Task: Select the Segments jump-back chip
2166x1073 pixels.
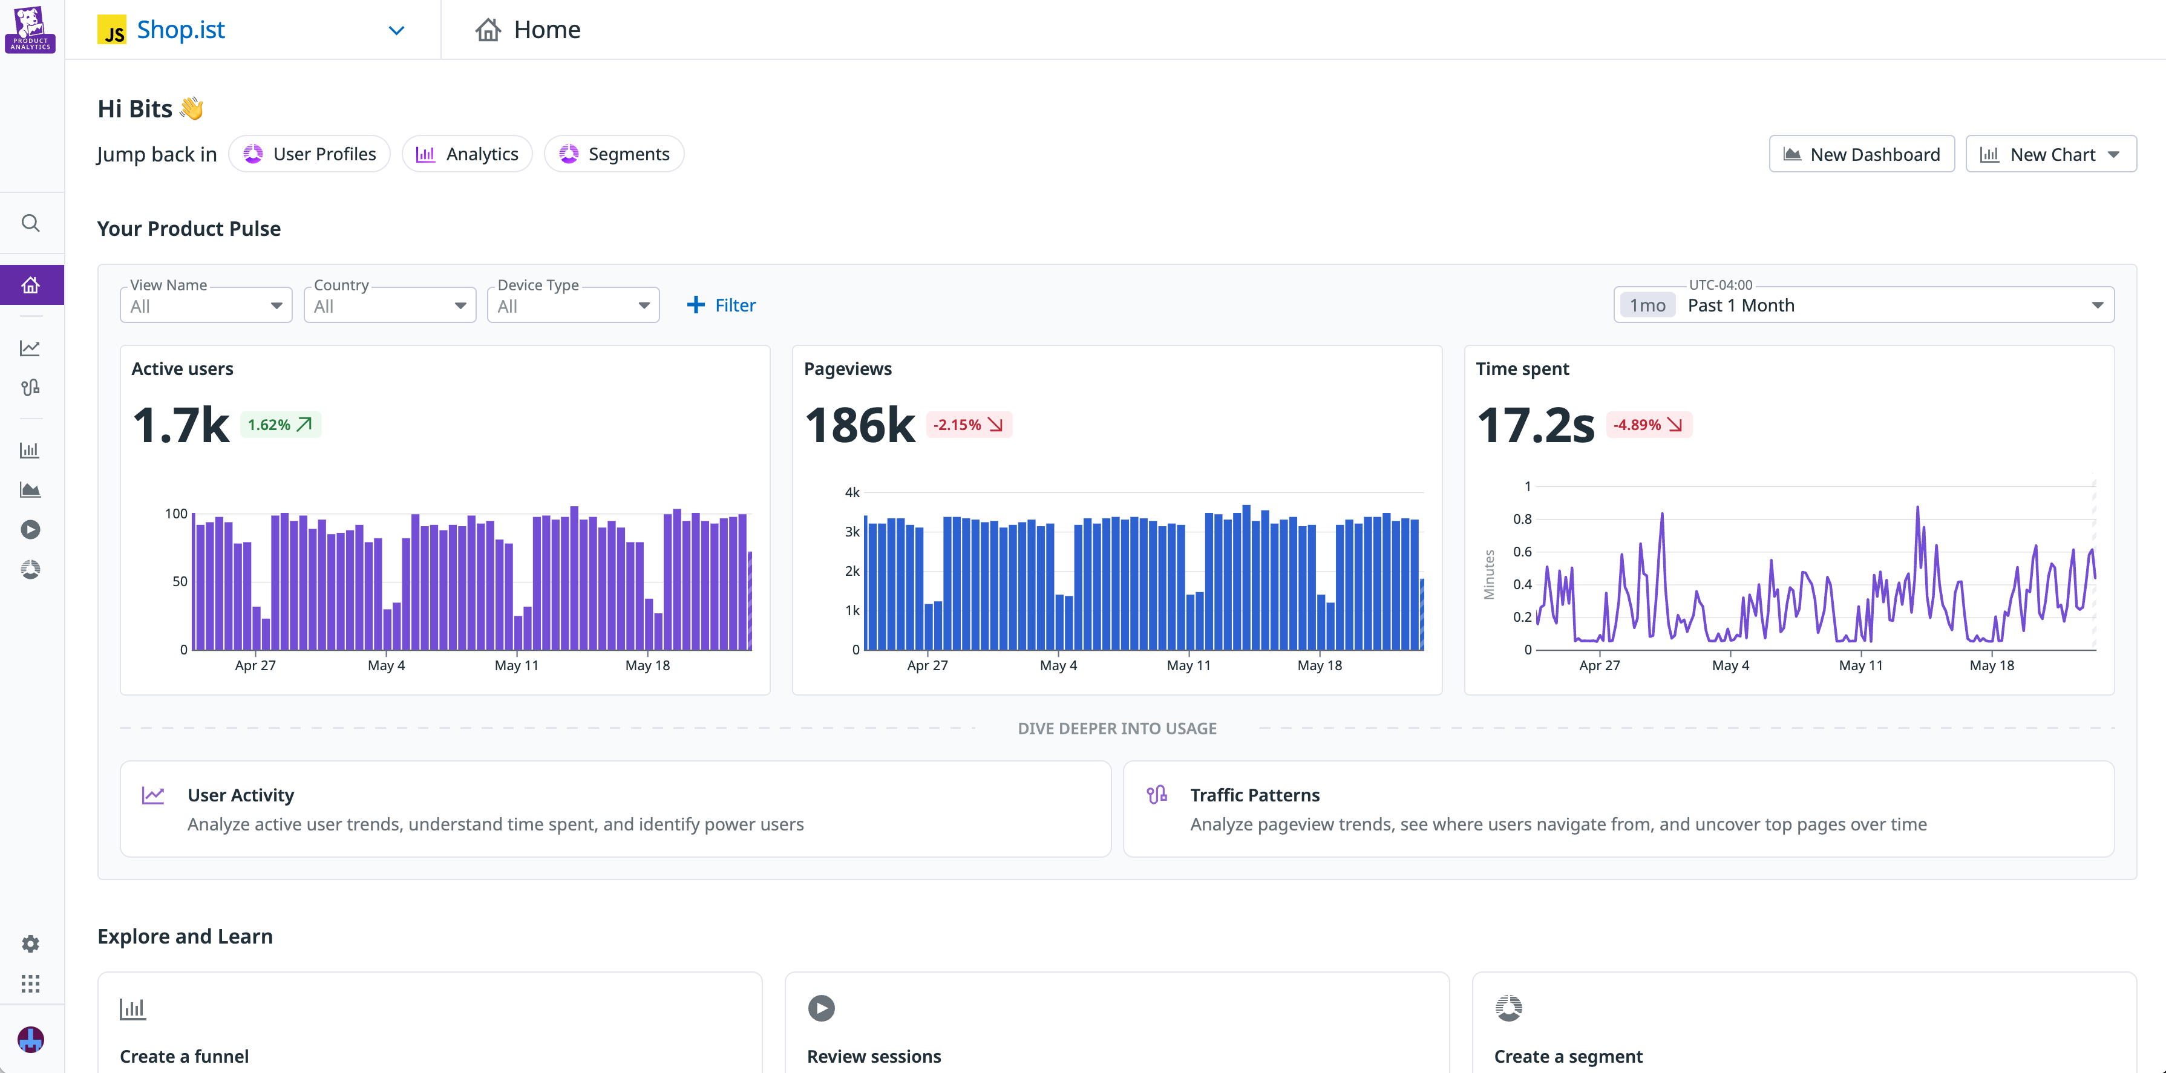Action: tap(614, 154)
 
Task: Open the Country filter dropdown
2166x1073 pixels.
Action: tap(389, 306)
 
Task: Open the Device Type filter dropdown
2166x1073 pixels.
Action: tap(572, 306)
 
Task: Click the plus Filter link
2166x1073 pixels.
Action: tap(721, 305)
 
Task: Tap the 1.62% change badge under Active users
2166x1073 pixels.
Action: tap(280, 425)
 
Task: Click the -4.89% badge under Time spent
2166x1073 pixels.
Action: tap(1648, 425)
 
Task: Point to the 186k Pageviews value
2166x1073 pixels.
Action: tap(859, 425)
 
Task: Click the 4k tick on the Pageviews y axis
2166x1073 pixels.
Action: tap(852, 493)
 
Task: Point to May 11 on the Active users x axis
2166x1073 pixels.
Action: tap(516, 665)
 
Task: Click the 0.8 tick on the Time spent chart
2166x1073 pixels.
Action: tap(1522, 519)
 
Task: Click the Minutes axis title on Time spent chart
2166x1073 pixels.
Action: tap(1489, 575)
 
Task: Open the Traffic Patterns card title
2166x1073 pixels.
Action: tap(1255, 795)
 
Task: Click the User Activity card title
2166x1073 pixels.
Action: tap(240, 795)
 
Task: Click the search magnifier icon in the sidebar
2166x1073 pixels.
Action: tap(30, 223)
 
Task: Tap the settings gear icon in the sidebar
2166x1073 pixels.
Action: tap(30, 944)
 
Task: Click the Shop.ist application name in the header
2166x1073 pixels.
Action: tap(181, 30)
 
